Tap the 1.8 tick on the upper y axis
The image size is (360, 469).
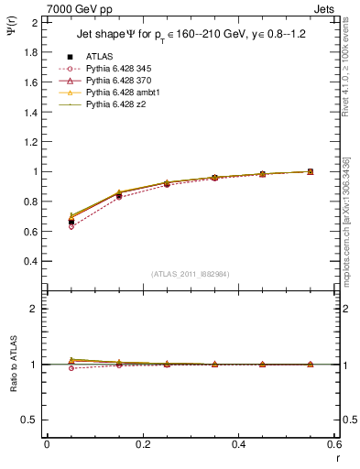coord(29,52)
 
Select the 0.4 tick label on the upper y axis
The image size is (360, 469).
coord(29,261)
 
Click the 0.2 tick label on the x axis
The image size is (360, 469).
coord(143,444)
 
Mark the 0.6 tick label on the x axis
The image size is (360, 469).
coord(334,444)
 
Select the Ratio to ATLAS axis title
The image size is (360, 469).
coord(13,365)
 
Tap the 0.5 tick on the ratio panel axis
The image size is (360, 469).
coord(29,420)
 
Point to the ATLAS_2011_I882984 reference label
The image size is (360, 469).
coord(189,273)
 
